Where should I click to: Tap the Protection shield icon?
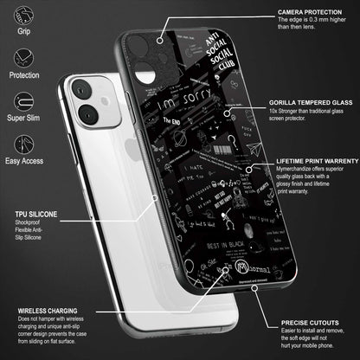[23, 62]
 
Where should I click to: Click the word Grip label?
[23, 38]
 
